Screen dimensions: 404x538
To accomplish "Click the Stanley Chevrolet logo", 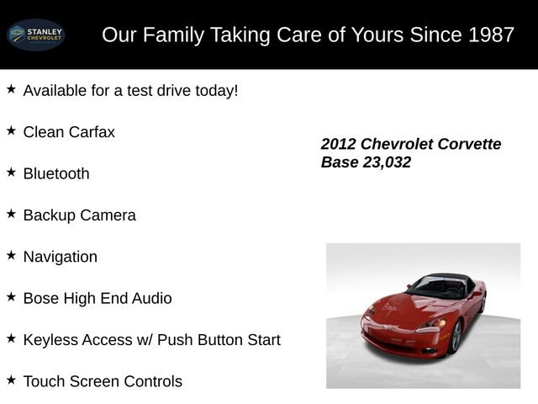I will click(35, 35).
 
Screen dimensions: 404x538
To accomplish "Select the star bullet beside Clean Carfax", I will click(11, 130).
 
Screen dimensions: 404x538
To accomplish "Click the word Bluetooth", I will click(56, 173).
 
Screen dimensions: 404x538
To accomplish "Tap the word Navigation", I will click(61, 257).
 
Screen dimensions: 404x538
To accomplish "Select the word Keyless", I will click(52, 339).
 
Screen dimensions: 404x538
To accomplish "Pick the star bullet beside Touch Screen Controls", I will click(11, 380).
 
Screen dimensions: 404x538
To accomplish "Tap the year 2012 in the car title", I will click(339, 144).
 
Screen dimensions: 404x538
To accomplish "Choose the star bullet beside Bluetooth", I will click(11, 172).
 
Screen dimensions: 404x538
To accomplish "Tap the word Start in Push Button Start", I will click(261, 339).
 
